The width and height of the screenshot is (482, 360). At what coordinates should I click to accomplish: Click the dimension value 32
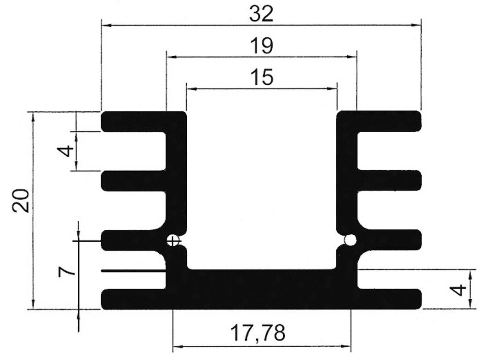261,14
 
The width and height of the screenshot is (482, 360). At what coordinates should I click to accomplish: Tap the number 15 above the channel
261,77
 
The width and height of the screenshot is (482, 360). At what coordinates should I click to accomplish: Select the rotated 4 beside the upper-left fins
67,151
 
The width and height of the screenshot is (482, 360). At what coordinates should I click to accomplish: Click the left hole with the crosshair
173,240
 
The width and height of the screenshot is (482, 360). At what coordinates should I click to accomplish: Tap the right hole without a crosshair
350,240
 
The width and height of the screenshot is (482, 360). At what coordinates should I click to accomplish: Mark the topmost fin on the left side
133,122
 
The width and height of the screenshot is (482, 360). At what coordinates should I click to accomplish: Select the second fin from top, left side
133,181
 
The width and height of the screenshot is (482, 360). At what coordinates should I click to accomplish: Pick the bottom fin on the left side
133,299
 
